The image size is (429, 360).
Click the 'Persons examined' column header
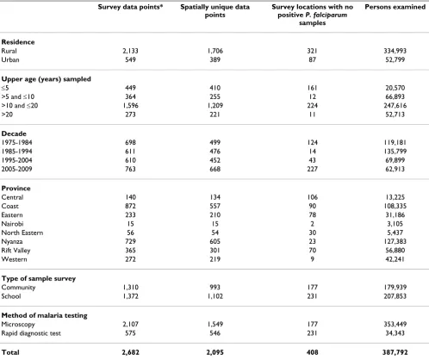[x=395, y=7]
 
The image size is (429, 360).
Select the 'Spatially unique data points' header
[x=214, y=11]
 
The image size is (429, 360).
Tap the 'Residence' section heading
[x=18, y=42]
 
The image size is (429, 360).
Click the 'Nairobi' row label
[x=12, y=224]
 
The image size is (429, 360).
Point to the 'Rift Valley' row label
[x=16, y=251]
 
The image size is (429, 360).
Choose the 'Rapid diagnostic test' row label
[x=31, y=333]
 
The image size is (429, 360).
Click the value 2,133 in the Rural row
[x=130, y=51]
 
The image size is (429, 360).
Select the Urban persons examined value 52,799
[x=395, y=59]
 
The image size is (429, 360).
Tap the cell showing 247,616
[x=395, y=105]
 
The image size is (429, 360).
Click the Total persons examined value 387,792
[x=395, y=352]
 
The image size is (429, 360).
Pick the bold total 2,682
[x=130, y=352]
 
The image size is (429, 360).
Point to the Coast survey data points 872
[x=130, y=206]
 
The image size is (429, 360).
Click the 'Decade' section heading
[x=14, y=133]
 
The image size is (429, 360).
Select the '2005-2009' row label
[x=16, y=169]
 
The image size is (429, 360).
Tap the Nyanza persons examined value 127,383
[x=395, y=241]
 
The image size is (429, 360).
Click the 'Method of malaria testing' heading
[x=44, y=315]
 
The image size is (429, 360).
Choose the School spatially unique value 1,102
[x=214, y=296]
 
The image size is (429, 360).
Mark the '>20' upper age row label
[x=7, y=115]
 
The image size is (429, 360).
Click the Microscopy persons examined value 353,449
[x=395, y=324]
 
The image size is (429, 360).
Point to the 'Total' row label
[x=10, y=352]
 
